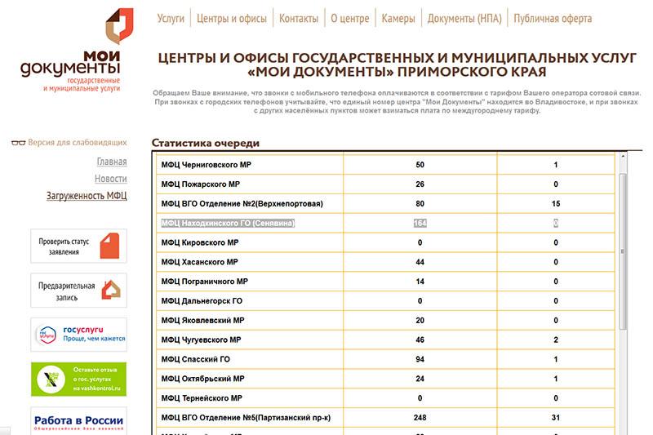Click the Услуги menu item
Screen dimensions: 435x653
(171, 19)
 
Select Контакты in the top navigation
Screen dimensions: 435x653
(299, 19)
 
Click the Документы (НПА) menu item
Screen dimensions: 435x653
(464, 19)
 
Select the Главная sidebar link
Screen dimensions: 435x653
(112, 162)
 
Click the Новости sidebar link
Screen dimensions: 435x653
(111, 179)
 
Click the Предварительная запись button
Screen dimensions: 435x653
(78, 290)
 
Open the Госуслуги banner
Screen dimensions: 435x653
(78, 334)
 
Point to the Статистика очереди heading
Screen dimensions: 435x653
(206, 143)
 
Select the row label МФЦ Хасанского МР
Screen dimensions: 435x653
(199, 262)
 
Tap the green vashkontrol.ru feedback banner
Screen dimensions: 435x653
(78, 379)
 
